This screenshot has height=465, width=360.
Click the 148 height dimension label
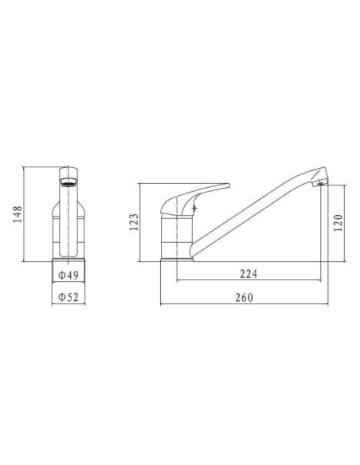click(18, 214)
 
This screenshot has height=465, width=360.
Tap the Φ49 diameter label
click(68, 275)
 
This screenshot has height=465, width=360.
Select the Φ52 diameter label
click(68, 297)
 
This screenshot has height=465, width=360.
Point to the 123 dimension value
click(134, 222)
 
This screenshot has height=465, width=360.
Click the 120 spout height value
click(338, 223)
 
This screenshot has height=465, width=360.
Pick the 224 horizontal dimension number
click(248, 274)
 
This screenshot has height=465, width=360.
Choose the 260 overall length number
click(245, 298)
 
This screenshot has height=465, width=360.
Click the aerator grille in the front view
click(68, 182)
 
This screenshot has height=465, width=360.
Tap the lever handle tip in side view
click(228, 186)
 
